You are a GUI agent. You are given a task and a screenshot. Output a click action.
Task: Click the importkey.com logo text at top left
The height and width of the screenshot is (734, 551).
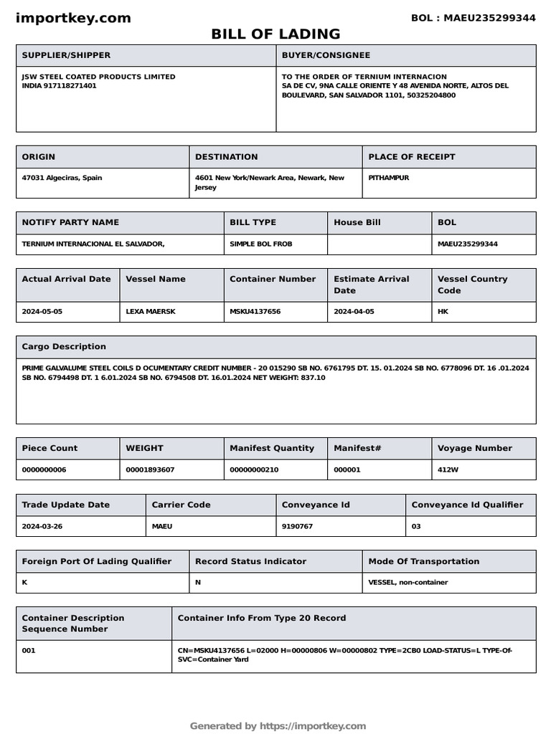pyautogui.click(x=73, y=19)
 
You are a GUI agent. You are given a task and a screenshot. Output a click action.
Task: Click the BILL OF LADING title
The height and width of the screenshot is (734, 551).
pyautogui.click(x=275, y=34)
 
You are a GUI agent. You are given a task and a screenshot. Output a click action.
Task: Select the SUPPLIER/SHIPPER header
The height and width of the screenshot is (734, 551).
pyautogui.click(x=66, y=55)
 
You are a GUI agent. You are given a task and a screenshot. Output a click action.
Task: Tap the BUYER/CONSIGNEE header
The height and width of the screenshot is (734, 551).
pyautogui.click(x=326, y=55)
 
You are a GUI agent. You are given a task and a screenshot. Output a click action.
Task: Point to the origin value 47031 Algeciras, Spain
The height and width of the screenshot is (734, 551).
pyautogui.click(x=62, y=178)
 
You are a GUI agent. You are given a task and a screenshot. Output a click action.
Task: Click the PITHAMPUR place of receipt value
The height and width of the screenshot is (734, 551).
pyautogui.click(x=388, y=178)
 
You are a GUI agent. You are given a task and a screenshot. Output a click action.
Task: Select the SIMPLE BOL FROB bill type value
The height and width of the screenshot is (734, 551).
pyautogui.click(x=260, y=244)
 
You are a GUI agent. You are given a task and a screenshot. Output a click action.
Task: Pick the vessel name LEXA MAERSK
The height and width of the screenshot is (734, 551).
pyautogui.click(x=150, y=312)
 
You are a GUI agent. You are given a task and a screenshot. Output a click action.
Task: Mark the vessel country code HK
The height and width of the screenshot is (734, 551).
pyautogui.click(x=443, y=312)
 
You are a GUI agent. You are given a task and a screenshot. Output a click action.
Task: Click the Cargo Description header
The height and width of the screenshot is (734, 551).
pyautogui.click(x=64, y=346)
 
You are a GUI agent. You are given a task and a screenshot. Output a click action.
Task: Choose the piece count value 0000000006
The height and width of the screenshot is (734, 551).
pyautogui.click(x=45, y=470)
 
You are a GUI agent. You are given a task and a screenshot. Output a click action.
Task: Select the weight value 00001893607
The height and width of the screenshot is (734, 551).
pyautogui.click(x=150, y=470)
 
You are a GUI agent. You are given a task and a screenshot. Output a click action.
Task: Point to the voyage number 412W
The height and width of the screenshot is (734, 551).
pyautogui.click(x=448, y=470)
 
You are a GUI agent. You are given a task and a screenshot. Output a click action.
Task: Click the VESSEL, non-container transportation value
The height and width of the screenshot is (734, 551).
pyautogui.click(x=408, y=582)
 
